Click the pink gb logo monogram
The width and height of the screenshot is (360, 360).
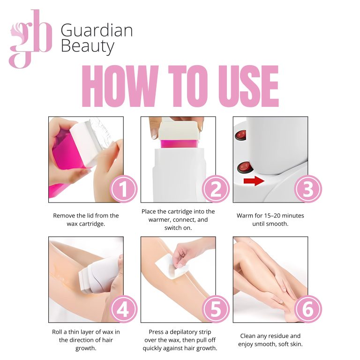click(31, 39)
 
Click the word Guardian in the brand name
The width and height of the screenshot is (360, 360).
click(97, 30)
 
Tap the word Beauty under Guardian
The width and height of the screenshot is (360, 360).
click(88, 46)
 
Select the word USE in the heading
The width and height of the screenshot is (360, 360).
click(248, 86)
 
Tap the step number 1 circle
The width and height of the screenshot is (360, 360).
click(124, 189)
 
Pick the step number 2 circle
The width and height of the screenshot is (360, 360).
click(216, 189)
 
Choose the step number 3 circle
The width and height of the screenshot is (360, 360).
click(308, 189)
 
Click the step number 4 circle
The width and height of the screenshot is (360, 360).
click(124, 309)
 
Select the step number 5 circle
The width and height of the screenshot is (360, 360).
click(216, 309)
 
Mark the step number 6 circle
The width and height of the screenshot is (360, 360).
click(308, 309)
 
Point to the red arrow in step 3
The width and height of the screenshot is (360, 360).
click(254, 181)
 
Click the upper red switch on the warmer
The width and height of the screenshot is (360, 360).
click(240, 135)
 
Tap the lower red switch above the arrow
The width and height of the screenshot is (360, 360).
click(245, 167)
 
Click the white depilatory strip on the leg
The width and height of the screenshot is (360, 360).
click(172, 266)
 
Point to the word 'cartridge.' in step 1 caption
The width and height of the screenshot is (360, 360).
click(92, 224)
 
